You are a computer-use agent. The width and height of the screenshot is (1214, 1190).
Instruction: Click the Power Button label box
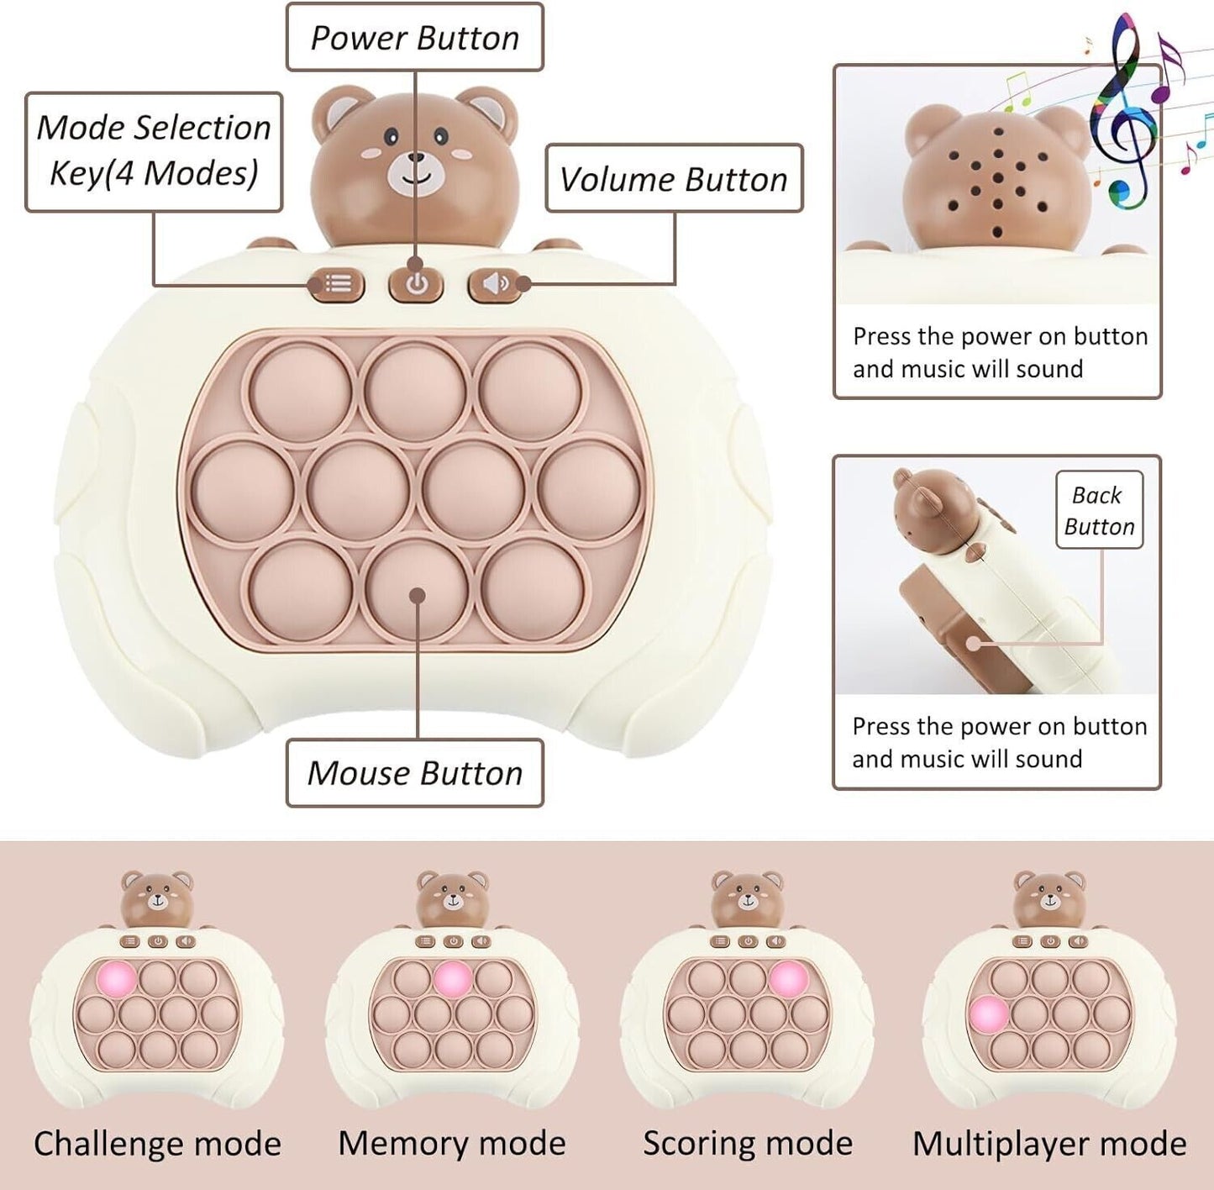tap(414, 38)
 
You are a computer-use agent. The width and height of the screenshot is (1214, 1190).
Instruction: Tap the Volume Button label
tap(674, 179)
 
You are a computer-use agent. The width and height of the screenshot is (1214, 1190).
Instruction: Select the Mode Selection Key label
tap(154, 151)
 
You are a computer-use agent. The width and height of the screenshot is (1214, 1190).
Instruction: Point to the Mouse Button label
tap(414, 773)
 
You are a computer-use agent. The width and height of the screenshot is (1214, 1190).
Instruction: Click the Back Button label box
tap(1099, 510)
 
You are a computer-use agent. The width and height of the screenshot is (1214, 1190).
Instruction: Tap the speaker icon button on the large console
tap(495, 284)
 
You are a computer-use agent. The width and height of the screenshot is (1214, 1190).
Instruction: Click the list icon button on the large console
tap(338, 284)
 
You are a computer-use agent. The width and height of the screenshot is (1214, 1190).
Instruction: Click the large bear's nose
tap(416, 157)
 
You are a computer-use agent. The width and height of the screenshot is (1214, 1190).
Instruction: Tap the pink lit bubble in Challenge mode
tap(116, 978)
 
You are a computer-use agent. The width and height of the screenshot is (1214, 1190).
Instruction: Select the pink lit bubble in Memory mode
tap(452, 978)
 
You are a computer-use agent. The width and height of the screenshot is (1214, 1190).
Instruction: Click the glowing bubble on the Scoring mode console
tap(788, 978)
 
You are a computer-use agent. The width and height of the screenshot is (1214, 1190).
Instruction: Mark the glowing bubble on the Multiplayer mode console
tap(988, 1014)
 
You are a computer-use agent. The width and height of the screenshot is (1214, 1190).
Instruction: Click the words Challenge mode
tap(157, 1144)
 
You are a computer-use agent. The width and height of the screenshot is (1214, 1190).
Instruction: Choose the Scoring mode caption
tap(748, 1144)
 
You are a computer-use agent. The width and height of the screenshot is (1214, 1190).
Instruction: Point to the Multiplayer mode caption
tap(1049, 1144)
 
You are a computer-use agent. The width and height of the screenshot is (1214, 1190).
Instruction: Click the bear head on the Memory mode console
tap(453, 898)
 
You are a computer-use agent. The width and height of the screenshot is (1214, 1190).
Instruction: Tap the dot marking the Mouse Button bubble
tap(417, 596)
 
